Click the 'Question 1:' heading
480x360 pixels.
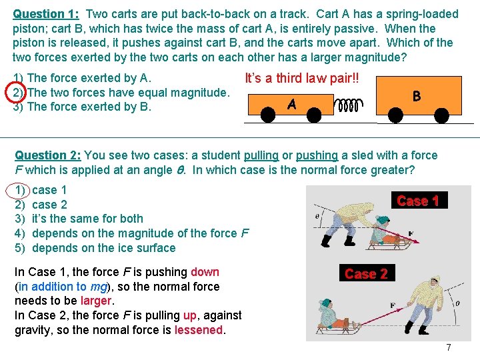tap(46, 15)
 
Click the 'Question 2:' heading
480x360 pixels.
tap(48, 155)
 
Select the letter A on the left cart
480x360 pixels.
tap(292, 105)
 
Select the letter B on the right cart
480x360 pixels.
tap(417, 96)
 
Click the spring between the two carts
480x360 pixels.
tap(349, 105)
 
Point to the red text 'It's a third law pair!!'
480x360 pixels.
tap(302, 79)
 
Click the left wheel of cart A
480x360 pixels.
tap(268, 115)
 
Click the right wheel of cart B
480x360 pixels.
tap(441, 115)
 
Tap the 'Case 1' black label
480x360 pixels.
tap(419, 200)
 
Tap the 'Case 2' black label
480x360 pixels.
tap(367, 273)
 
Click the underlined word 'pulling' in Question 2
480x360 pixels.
tap(261, 155)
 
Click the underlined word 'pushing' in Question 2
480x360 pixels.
tap(317, 155)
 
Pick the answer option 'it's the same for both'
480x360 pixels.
tap(87, 219)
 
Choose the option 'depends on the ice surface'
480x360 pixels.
tap(104, 248)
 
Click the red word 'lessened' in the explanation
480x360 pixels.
tap(199, 330)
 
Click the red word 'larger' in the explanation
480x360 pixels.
tap(96, 301)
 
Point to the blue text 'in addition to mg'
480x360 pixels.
tap(63, 287)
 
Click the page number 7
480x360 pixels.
tap(449, 347)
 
